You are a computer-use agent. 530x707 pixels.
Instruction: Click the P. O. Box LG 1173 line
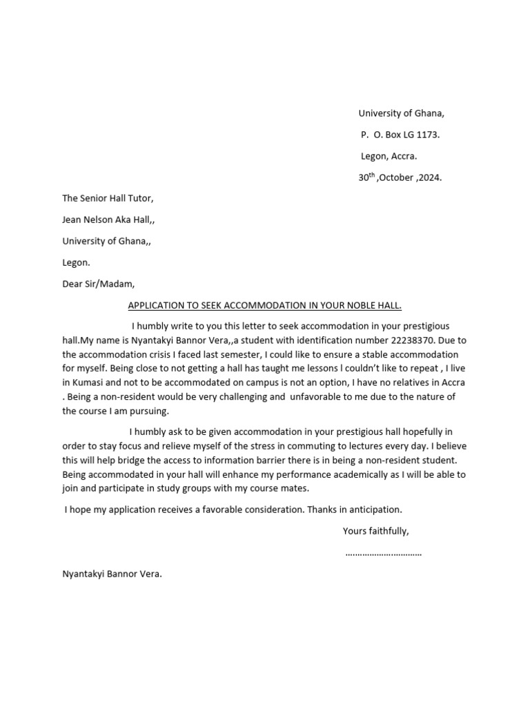[400, 135]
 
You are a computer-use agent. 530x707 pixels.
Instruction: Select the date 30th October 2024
[400, 177]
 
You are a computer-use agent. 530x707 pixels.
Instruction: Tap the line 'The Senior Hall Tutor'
[108, 198]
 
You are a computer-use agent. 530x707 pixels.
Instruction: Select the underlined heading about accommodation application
[265, 305]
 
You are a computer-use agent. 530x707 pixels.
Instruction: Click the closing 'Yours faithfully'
[375, 531]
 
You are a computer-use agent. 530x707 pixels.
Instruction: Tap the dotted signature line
[383, 553]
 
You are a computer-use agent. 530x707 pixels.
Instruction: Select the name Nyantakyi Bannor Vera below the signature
[112, 573]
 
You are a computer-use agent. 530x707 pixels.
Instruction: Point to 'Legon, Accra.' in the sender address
[389, 156]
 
